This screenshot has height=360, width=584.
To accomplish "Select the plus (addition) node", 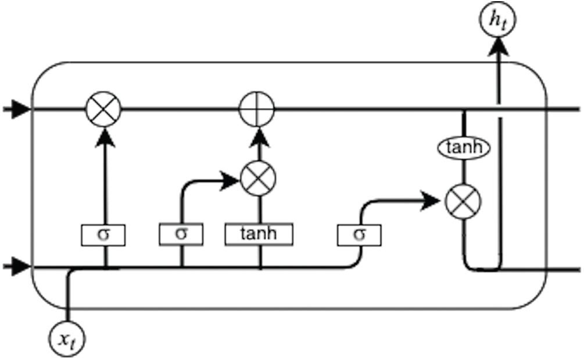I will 257,109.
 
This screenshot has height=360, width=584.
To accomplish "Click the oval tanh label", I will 463,148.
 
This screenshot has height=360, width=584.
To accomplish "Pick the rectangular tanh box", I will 259,234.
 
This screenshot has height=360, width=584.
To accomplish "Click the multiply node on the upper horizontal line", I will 103,109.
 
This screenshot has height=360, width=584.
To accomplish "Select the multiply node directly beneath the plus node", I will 257,179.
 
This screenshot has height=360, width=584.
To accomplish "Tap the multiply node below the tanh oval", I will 463,202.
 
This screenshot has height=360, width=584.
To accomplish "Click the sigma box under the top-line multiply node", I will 104,234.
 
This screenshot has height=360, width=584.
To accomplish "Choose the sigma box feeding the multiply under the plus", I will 181,234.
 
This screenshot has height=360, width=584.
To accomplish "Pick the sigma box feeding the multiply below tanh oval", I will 359,234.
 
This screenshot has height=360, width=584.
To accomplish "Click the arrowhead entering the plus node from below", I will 257,136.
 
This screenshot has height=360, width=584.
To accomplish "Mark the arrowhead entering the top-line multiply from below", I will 104,136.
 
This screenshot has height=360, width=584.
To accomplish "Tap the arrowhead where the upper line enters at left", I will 21,109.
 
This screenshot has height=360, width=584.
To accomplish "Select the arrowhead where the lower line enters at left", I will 21,268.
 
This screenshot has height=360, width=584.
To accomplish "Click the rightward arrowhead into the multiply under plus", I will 231,181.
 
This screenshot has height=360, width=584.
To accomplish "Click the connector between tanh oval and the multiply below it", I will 463,172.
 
